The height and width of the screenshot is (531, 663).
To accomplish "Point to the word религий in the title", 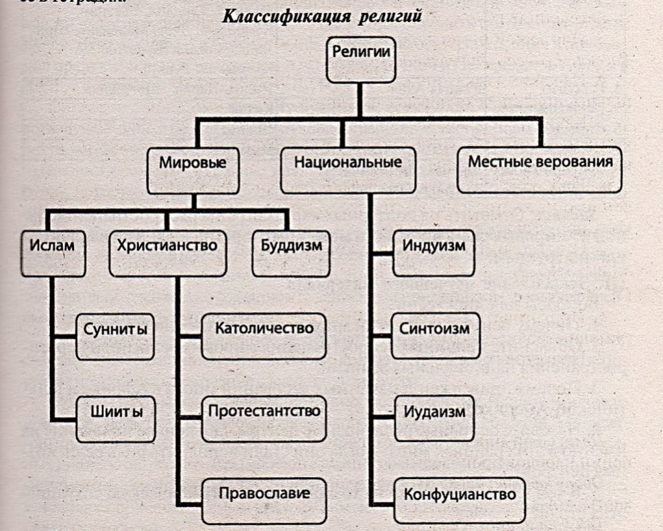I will coord(392,16).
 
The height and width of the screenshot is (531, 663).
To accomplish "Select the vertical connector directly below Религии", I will coord(359,100).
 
